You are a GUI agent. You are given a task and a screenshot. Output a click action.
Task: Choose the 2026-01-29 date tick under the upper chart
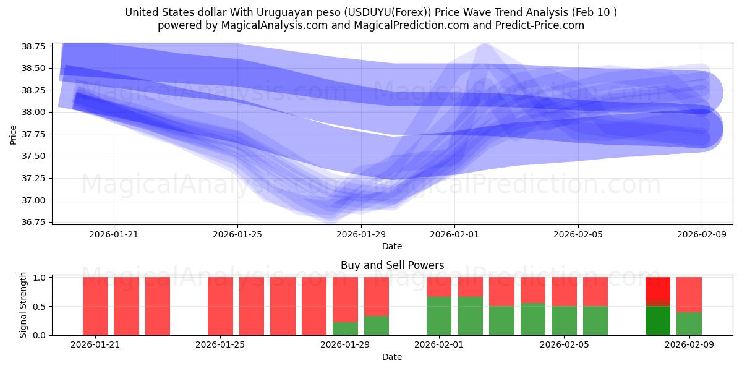tap(361, 234)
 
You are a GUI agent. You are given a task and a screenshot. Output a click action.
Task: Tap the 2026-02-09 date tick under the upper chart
tap(701, 234)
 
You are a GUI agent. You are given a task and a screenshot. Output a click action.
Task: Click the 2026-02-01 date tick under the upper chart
tap(454, 234)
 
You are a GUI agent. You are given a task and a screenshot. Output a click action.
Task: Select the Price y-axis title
tap(13, 134)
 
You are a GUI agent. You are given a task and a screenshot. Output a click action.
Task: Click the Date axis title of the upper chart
tap(391, 246)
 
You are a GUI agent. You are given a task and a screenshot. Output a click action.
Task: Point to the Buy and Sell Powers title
tap(392, 265)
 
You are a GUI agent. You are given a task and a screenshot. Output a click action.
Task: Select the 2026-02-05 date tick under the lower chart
tap(564, 345)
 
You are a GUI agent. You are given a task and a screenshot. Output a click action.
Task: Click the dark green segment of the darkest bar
tap(657, 321)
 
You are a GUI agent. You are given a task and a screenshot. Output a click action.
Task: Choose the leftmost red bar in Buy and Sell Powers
tap(95, 306)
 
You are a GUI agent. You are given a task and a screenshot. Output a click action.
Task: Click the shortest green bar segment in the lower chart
tap(345, 328)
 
